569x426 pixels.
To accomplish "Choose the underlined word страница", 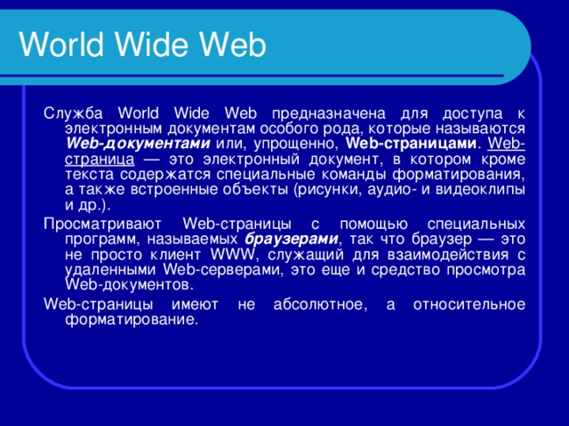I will coord(100,160).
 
